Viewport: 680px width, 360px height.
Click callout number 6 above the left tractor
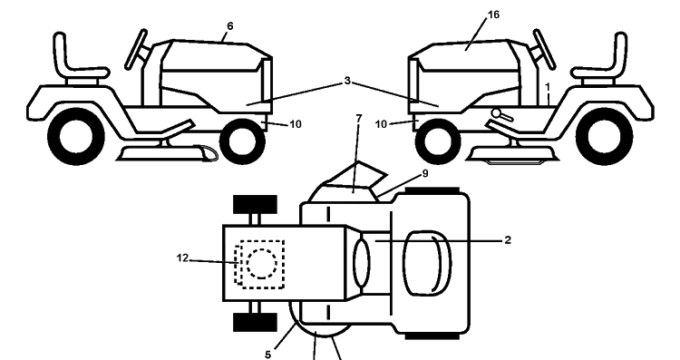click(x=230, y=26)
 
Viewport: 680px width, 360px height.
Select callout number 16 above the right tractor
click(x=493, y=15)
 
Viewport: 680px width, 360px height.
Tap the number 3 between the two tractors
click(x=347, y=81)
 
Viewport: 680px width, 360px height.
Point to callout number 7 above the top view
click(x=359, y=118)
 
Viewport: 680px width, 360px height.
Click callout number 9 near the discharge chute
click(x=425, y=173)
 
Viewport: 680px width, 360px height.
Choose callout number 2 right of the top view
click(x=508, y=240)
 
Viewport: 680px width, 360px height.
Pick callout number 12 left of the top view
click(x=182, y=258)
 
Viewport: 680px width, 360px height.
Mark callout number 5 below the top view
click(x=268, y=355)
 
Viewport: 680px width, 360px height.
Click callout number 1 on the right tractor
click(x=548, y=87)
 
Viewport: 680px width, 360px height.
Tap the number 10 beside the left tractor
click(x=296, y=124)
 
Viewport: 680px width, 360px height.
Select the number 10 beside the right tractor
click(x=381, y=124)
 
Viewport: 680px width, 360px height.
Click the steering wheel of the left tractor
click(x=136, y=49)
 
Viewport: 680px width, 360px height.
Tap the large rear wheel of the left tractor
click(x=75, y=136)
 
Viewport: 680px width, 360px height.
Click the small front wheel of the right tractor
click(x=438, y=141)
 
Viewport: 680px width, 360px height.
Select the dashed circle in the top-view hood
click(x=262, y=264)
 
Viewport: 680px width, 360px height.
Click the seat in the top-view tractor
click(x=427, y=263)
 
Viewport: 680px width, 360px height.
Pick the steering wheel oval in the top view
click(x=362, y=263)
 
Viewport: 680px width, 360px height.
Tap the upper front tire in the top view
click(x=255, y=204)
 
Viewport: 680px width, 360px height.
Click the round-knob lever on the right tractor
click(x=501, y=114)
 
